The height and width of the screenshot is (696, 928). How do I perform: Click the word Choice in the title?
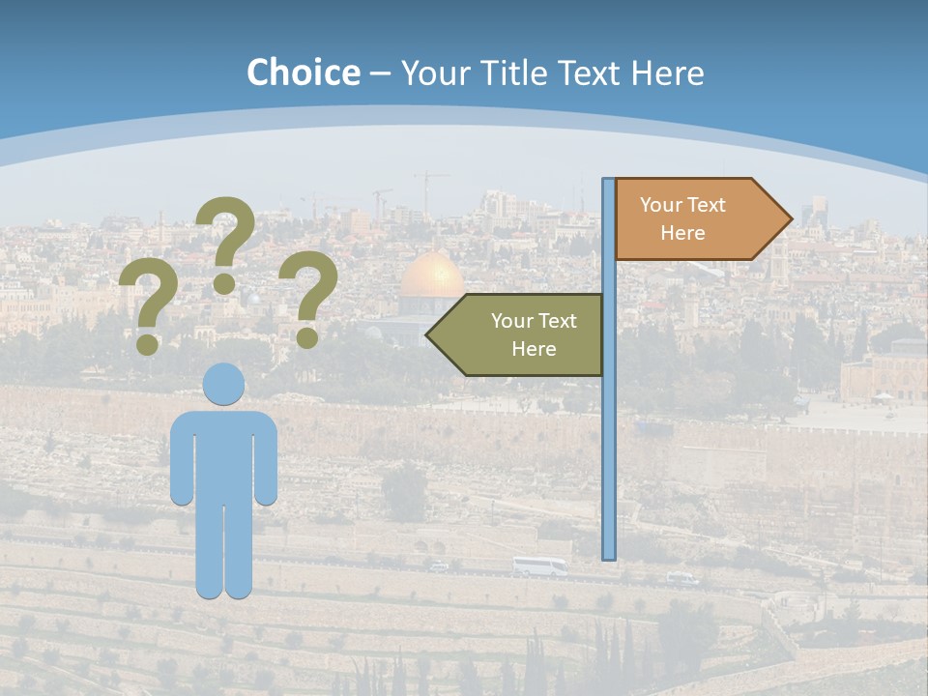(x=303, y=72)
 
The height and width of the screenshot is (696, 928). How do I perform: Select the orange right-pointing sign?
(x=696, y=219)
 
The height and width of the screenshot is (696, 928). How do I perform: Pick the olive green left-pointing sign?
(x=522, y=334)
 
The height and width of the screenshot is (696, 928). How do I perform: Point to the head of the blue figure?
(x=223, y=383)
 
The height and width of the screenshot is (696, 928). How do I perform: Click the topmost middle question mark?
(x=226, y=237)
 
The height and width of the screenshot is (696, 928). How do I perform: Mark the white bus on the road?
(x=539, y=566)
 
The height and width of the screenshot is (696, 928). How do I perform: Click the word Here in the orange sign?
(x=682, y=233)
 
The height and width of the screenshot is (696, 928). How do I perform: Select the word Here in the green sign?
(x=534, y=349)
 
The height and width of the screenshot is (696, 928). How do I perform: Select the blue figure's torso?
(x=223, y=454)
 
